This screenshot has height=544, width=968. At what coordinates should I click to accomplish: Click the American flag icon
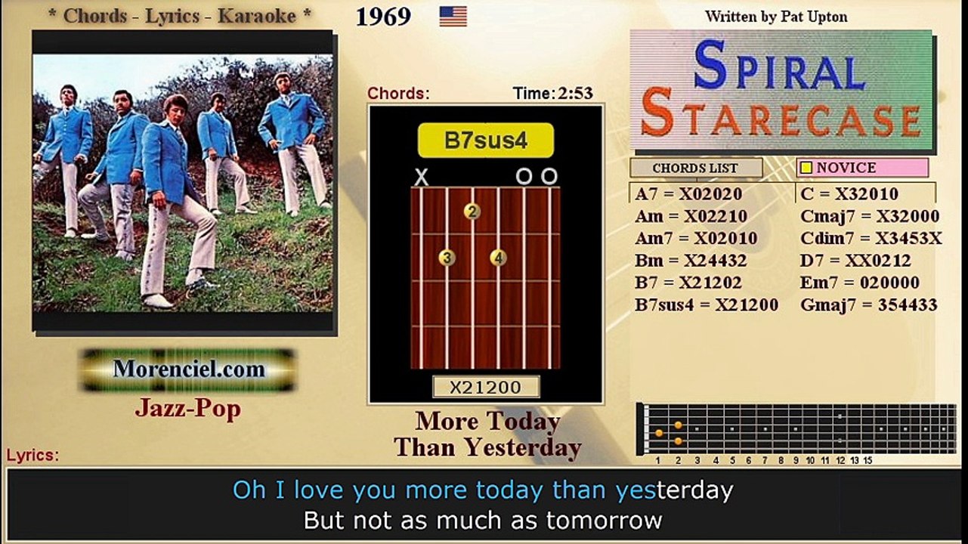coord(453,17)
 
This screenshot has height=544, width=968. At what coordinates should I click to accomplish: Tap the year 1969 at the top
coord(383,17)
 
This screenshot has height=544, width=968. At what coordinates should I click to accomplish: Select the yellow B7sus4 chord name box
coord(485,141)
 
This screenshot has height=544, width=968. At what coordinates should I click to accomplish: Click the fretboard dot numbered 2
coord(472,212)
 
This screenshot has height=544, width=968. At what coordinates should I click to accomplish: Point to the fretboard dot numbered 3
coord(447,258)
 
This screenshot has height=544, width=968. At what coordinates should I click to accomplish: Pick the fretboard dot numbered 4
coord(497,258)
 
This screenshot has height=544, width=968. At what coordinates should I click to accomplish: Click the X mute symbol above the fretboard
coord(422,178)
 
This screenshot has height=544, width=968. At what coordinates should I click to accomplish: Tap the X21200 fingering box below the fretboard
coord(485,387)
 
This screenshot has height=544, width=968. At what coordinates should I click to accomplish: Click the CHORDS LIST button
coord(695,168)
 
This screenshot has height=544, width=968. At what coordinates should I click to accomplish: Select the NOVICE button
coord(861,168)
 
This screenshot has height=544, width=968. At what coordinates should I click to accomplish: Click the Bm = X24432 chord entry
coord(691,261)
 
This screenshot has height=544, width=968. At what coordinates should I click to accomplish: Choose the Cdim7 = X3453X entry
coord(871,238)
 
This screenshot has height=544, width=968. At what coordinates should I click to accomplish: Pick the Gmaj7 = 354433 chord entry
coord(868,305)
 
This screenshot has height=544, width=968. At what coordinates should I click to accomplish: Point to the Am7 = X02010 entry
coord(696,238)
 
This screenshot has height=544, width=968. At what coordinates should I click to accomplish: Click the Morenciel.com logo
coord(189,369)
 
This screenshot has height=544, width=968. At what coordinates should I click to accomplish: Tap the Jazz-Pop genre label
coord(188,408)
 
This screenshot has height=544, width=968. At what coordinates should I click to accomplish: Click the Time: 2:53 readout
coord(552,94)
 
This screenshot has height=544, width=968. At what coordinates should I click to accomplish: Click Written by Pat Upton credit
coord(776,16)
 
